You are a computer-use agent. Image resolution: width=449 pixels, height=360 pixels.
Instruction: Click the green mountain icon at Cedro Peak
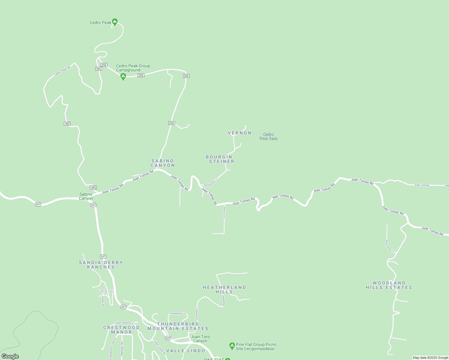coord(114,22)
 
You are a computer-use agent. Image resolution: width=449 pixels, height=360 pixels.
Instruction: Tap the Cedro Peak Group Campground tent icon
coord(123,76)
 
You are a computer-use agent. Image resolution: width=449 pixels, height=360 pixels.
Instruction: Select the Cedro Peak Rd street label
coord(62,71)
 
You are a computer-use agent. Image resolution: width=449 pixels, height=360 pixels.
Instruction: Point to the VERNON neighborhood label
coord(240,133)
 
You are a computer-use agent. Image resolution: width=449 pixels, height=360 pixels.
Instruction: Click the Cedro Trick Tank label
coord(268,136)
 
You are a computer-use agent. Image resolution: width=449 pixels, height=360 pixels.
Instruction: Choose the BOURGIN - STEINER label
coord(219,159)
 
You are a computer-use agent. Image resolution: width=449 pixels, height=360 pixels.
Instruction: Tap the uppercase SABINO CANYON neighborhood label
coord(163,163)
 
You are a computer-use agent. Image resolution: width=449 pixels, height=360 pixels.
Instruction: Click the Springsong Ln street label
coord(211,182)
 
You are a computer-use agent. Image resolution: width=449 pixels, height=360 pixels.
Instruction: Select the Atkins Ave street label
coord(224,212)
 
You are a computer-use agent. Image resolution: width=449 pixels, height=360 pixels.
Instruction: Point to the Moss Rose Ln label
coord(390,246)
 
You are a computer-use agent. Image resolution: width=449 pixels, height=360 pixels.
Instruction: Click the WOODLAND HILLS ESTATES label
coord(389,285)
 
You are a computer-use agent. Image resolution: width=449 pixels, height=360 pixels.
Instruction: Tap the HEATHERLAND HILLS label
coord(224,289)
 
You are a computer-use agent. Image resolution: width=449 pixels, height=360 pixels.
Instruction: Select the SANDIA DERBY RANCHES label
coord(101,265)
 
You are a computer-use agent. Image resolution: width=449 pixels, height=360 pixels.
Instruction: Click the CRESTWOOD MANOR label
coord(121,330)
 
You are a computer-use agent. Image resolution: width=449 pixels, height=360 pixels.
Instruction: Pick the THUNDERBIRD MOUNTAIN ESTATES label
coord(178,326)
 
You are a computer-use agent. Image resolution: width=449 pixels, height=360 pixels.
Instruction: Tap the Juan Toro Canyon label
coord(200,339)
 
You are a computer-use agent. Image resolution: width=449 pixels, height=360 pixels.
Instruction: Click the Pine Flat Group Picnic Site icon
coord(232,346)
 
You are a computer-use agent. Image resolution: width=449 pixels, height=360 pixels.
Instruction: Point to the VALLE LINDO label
coord(186,351)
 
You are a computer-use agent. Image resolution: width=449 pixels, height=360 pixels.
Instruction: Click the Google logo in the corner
coord(10,356)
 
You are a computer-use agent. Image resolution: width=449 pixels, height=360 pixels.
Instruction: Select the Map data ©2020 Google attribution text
coord(430,358)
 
